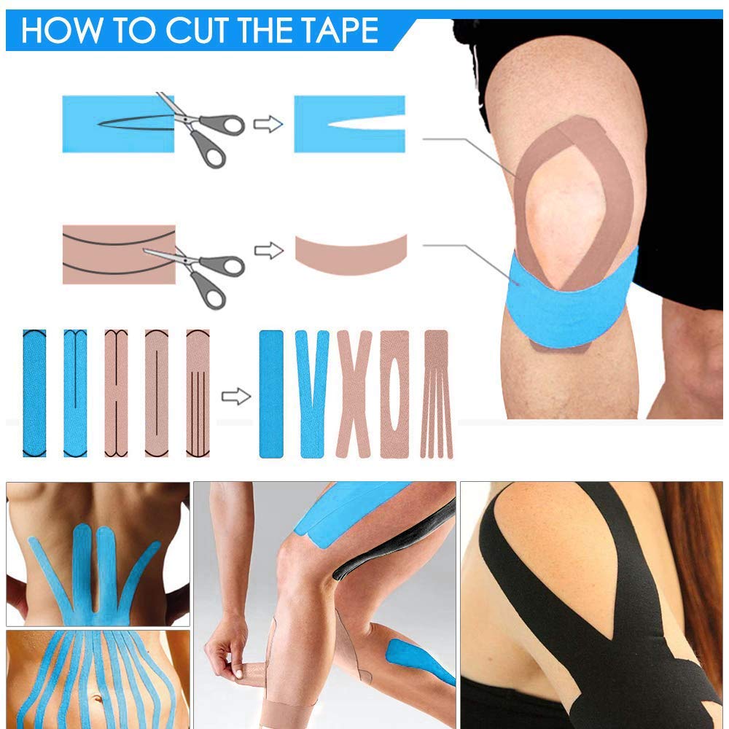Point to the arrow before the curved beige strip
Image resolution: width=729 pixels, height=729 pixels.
268,251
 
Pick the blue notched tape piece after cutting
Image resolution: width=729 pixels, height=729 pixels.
349,124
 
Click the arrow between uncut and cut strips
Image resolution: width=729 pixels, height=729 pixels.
235,397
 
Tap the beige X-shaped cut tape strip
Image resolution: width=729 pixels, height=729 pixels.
354,394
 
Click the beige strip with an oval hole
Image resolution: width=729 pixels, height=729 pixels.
394,394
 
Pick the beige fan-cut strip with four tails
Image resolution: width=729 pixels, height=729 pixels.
436,394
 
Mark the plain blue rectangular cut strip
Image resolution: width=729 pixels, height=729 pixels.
271,394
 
